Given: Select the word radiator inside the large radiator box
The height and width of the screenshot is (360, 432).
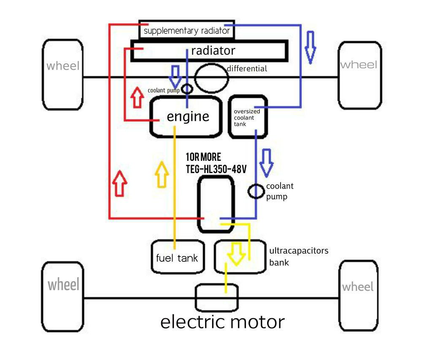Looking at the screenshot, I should coord(213,51).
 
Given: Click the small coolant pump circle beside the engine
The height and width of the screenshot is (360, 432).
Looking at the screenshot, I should coord(186,89).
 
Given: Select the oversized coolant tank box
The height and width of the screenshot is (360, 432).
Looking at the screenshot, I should coord(248,117).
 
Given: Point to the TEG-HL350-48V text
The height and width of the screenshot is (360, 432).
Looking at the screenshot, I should coord(216,168).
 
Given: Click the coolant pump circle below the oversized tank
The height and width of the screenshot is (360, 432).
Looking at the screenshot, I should coord(256,191).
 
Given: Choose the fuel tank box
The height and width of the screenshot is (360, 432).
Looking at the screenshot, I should coord(177,257).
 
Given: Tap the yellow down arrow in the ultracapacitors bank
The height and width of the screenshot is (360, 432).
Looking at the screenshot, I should coord(235,253).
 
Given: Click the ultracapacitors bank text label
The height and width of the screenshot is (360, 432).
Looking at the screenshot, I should coord(298,256).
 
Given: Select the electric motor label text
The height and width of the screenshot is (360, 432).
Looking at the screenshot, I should coord(222,322).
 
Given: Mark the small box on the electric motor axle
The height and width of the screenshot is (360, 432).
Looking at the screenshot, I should coord(217,298).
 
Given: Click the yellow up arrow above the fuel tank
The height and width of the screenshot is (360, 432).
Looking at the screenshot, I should coord(162,174).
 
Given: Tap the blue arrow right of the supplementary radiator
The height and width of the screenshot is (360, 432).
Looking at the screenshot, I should coord(310,47).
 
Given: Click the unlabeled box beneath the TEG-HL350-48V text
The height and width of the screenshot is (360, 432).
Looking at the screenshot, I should coord(216,204).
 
